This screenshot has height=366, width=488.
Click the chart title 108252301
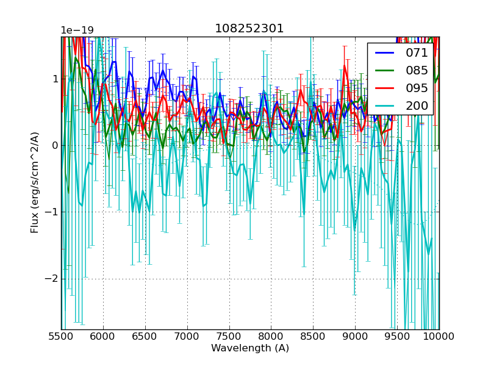[x=249, y=29]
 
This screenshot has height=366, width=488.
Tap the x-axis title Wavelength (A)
[x=250, y=348]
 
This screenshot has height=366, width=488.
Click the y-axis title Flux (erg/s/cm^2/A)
[x=35, y=183]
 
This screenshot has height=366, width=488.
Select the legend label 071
[x=417, y=53]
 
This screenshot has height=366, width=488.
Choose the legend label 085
[x=417, y=70]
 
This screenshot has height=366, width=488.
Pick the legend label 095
[x=417, y=88]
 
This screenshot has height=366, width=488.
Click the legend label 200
[x=417, y=106]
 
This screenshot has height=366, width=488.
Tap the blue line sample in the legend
[x=384, y=53]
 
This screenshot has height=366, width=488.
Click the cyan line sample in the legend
[x=384, y=106]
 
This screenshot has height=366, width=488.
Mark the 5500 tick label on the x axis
[x=61, y=336]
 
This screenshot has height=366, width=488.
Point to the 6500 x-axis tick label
[x=145, y=336]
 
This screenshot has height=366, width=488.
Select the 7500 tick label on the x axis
[x=229, y=336]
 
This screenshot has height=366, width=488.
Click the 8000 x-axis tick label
[x=271, y=336]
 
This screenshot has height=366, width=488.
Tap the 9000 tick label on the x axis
[x=355, y=336]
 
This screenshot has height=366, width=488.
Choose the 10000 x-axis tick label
[x=439, y=336]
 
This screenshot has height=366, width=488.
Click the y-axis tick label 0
[x=55, y=145]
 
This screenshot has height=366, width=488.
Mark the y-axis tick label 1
[x=55, y=79]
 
